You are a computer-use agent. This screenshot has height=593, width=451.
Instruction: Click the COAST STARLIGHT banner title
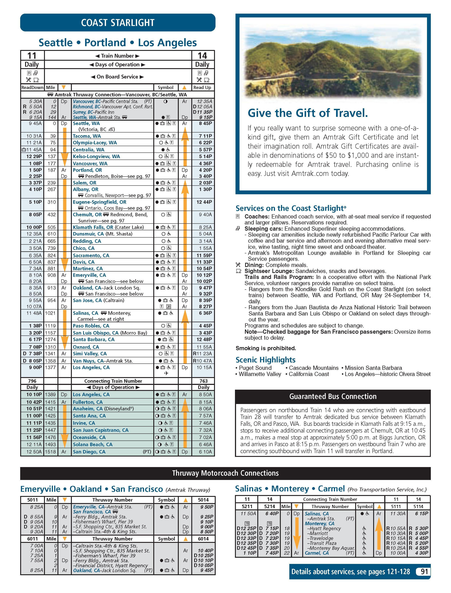pyautogui.click(x=118, y=23)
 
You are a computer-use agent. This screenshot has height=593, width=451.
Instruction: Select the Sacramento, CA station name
pyautogui.click(x=91, y=255)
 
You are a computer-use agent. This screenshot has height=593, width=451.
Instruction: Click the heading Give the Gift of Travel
pyautogui.click(x=308, y=113)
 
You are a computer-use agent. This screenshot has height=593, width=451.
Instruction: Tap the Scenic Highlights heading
pyautogui.click(x=265, y=360)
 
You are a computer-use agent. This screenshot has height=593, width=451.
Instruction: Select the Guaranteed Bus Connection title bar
pyautogui.click(x=333, y=396)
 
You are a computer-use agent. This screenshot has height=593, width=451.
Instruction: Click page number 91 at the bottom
pyautogui.click(x=424, y=572)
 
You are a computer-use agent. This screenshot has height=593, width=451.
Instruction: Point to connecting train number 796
pyautogui.click(x=32, y=381)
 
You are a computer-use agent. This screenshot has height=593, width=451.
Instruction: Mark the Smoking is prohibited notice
pyautogui.click(x=266, y=348)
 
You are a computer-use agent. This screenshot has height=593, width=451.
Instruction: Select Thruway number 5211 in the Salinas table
pyautogui.click(x=247, y=506)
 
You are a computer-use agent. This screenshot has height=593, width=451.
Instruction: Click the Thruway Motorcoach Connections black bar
pyautogui.click(x=225, y=473)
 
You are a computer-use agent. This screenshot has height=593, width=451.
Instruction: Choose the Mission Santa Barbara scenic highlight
pyautogui.click(x=373, y=368)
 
